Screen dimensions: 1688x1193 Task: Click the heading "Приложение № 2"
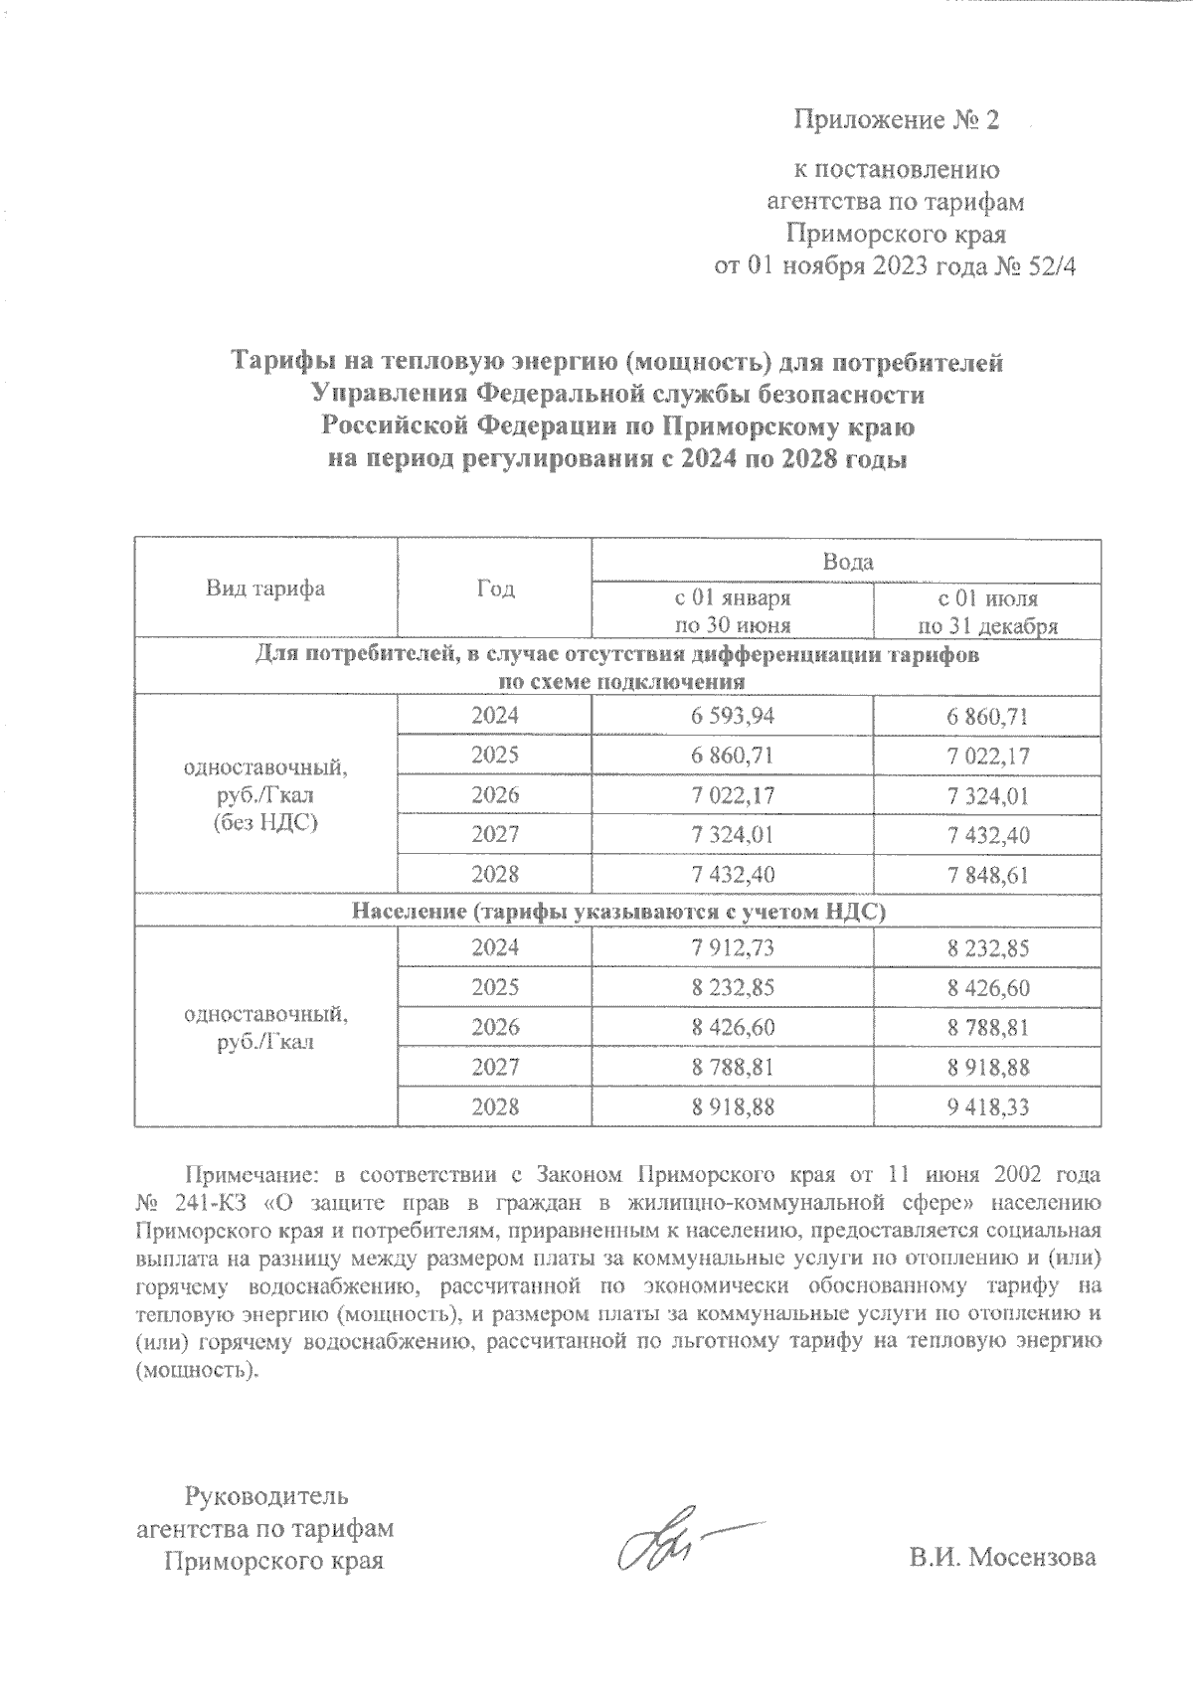pyautogui.click(x=896, y=121)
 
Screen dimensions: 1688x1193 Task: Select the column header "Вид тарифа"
pyautogui.click(x=265, y=588)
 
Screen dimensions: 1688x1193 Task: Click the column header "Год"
pyautogui.click(x=494, y=588)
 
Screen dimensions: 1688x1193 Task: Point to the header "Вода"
pyautogui.click(x=846, y=562)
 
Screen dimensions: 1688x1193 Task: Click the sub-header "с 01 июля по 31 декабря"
pyautogui.click(x=987, y=612)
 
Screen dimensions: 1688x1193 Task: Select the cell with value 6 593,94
pyautogui.click(x=732, y=716)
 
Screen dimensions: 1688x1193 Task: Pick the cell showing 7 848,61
pyautogui.click(x=987, y=875)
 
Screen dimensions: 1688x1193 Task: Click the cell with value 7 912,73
pyautogui.click(x=732, y=947)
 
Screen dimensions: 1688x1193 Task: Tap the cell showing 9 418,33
pyautogui.click(x=987, y=1106)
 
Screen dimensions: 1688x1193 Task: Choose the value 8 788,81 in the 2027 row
pyautogui.click(x=732, y=1067)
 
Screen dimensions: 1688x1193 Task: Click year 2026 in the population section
pyautogui.click(x=494, y=1027)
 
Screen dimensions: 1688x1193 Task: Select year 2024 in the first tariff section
pyautogui.click(x=494, y=716)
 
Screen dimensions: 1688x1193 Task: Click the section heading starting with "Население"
pyautogui.click(x=617, y=911)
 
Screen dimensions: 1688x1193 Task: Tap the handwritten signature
pyautogui.click(x=666, y=1549)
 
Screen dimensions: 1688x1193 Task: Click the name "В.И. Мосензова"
pyautogui.click(x=1002, y=1557)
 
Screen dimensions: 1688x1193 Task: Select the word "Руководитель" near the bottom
pyautogui.click(x=265, y=1494)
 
